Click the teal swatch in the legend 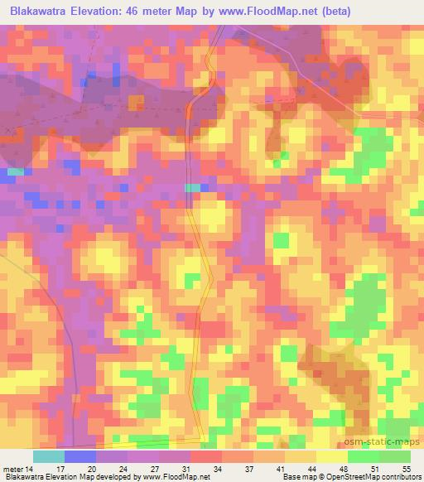[49, 456]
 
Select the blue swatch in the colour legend [80, 456]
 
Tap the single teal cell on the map [192, 188]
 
